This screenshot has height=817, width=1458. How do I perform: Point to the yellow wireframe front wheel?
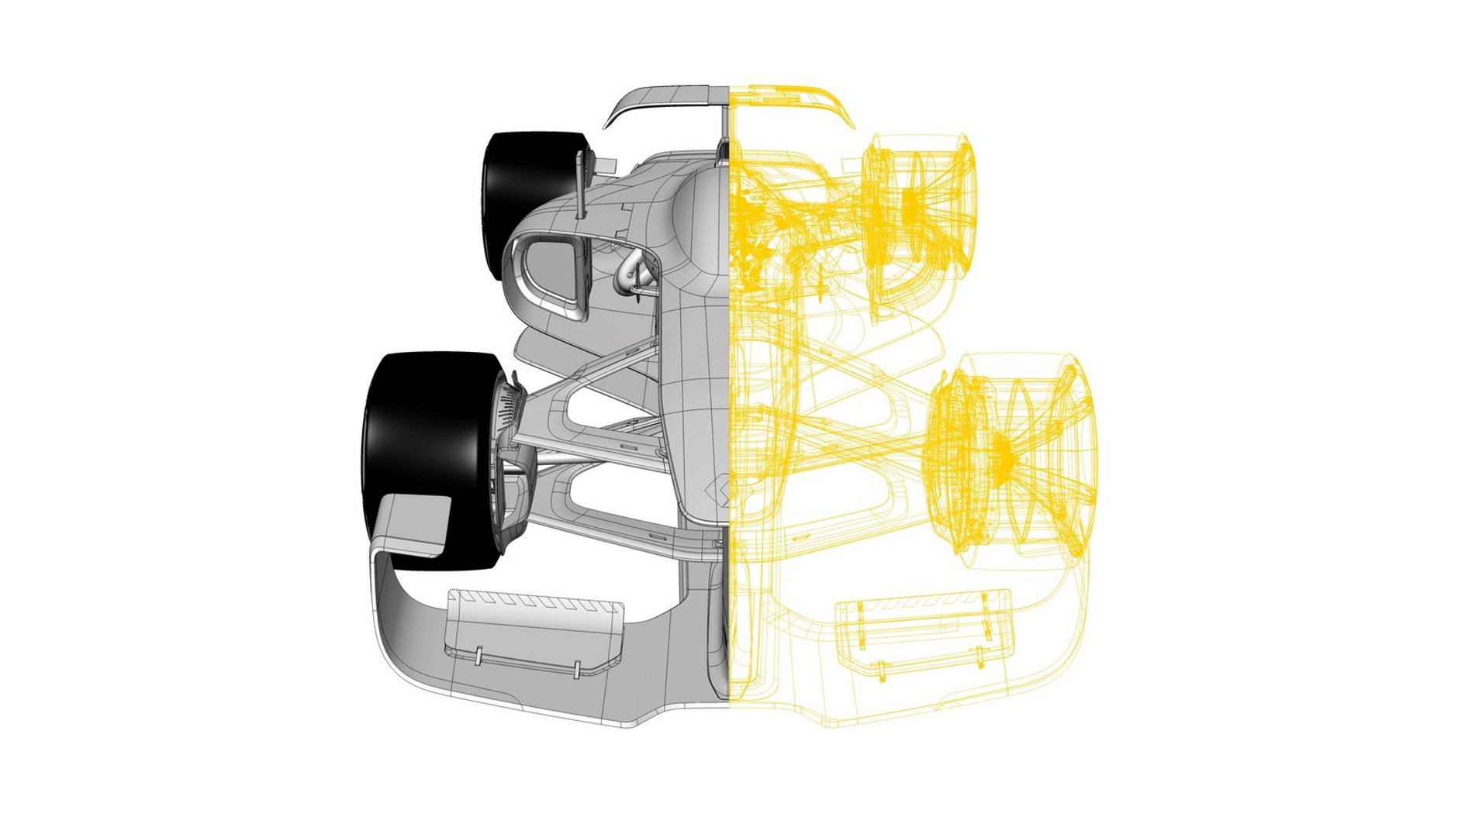(x=1008, y=457)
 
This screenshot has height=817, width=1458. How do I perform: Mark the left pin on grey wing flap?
(x=479, y=655)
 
